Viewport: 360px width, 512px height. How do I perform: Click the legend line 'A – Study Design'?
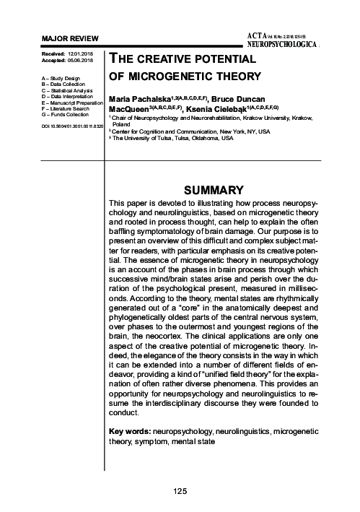[x=60, y=75]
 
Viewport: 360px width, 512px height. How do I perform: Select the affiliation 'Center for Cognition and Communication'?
[x=190, y=131]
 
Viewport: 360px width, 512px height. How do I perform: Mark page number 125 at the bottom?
[x=180, y=491]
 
